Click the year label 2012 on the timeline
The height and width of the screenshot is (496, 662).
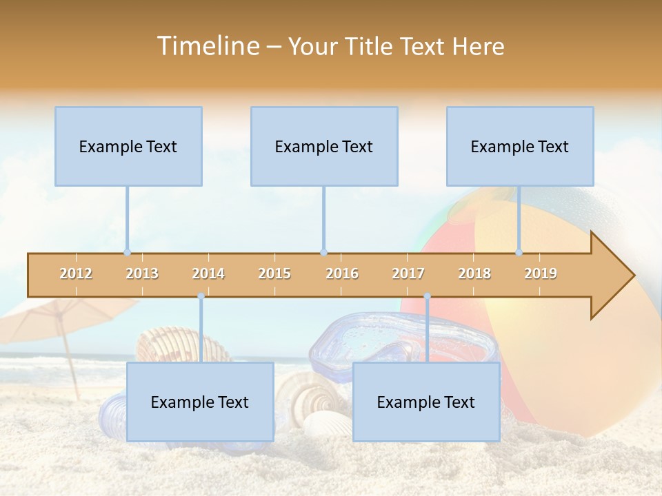coord(76,273)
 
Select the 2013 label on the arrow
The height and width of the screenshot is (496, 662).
coord(142,273)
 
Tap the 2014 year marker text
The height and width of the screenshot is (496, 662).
coord(208,273)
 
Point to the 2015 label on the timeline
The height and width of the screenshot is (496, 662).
coord(274,273)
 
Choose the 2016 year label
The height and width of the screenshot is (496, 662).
coord(342,273)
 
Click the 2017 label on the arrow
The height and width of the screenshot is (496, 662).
coord(408,273)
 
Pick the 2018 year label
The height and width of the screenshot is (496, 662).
coord(474,273)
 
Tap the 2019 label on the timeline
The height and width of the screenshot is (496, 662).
coord(541,273)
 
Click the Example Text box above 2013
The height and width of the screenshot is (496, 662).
coord(128,146)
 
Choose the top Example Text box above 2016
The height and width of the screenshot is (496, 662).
coord(324,146)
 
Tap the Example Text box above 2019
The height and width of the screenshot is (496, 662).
coord(520,146)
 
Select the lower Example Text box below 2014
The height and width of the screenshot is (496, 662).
coord(200,402)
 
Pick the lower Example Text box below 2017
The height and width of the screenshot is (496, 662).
coord(426,402)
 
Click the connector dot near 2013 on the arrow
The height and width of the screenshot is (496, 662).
coord(127,253)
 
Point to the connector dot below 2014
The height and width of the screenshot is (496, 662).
coord(201,296)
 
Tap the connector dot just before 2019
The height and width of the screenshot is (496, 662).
coord(519,253)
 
